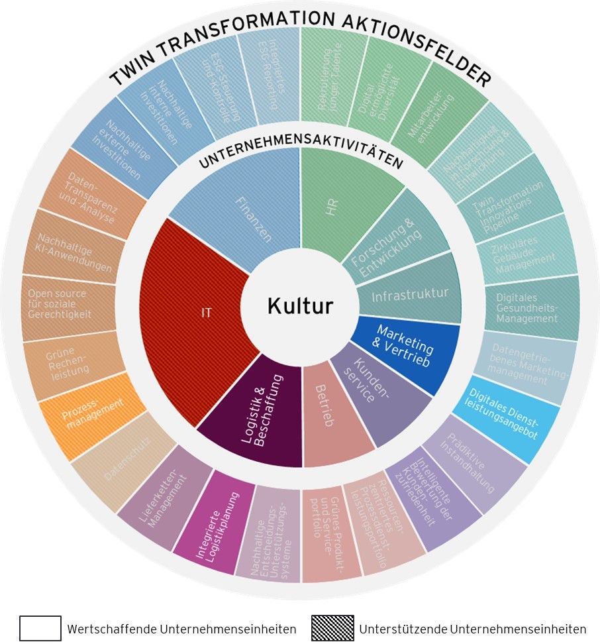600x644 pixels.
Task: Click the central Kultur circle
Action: coord(300,306)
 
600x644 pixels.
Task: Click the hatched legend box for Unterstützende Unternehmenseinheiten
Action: coord(333,628)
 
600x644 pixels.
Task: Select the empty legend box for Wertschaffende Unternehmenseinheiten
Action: coord(40,628)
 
